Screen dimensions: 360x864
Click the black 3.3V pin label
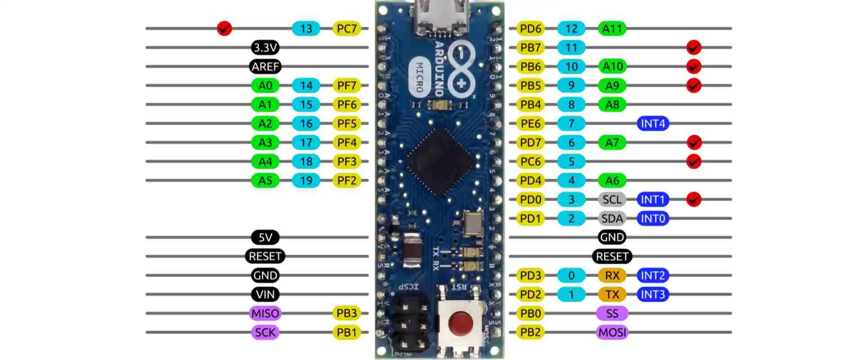[265, 47]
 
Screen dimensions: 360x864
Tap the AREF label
[265, 67]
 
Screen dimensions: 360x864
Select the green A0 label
[265, 85]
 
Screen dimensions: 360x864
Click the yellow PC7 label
[346, 28]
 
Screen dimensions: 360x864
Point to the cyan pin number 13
[306, 28]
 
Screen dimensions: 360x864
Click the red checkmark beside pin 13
[224, 28]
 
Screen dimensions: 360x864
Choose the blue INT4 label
[652, 123]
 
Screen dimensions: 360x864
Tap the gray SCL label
[612, 199]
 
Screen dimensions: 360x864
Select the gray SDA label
[612, 218]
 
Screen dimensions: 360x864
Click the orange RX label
[612, 275]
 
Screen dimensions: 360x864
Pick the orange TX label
[612, 294]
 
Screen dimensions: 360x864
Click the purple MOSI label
[612, 333]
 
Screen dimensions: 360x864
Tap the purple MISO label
[265, 313]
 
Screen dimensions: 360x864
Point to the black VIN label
[265, 294]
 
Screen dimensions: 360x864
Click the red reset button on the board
[460, 322]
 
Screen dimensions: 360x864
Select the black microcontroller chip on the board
[441, 162]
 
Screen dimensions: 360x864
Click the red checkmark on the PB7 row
[693, 47]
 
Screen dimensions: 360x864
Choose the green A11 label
[612, 28]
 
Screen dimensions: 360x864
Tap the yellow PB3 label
[346, 313]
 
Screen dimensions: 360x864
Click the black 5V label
[265, 237]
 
